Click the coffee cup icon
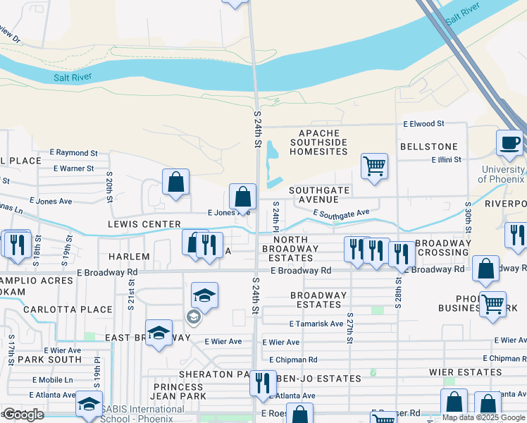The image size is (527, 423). click(509, 143)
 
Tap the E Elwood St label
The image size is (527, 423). click(423, 123)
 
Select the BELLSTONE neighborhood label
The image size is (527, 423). click(428, 147)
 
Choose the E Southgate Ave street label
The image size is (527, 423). click(341, 213)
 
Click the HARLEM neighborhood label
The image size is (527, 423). click(130, 257)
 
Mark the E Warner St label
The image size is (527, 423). click(73, 168)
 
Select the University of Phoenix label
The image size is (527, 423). click(503, 174)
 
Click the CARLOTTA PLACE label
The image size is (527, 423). click(68, 309)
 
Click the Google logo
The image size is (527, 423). click(23, 415)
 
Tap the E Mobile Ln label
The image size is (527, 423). click(51, 379)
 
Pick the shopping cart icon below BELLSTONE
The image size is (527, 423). click(374, 167)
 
